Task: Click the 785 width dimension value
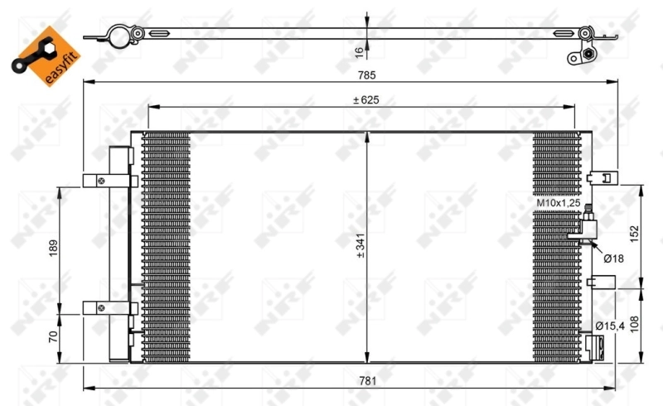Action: (366, 75)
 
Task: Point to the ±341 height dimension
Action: (360, 246)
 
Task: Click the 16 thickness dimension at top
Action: (359, 51)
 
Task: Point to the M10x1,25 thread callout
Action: (556, 202)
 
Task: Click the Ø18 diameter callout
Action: (613, 259)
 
